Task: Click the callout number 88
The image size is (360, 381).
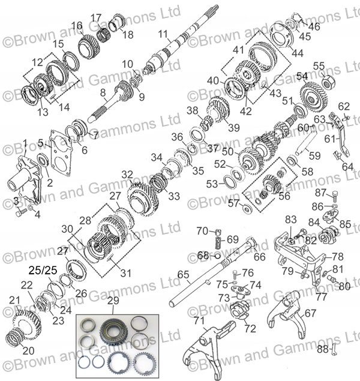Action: (x=322, y=349)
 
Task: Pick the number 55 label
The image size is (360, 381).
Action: (x=319, y=66)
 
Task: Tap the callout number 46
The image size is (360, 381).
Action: (x=314, y=26)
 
